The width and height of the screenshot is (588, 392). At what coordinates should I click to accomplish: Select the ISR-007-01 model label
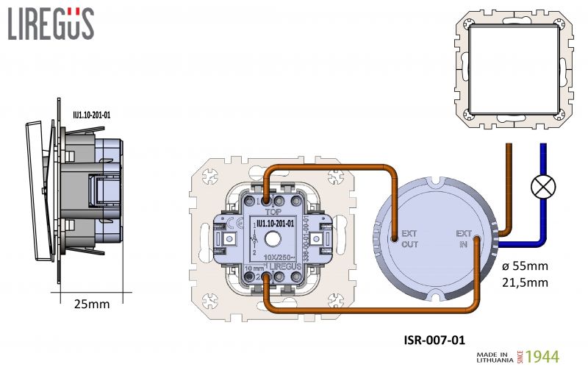434,340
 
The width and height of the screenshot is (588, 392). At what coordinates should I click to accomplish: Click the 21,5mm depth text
526,282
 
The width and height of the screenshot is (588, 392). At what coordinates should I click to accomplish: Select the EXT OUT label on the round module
409,240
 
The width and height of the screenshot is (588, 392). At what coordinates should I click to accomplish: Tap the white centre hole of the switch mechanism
273,238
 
